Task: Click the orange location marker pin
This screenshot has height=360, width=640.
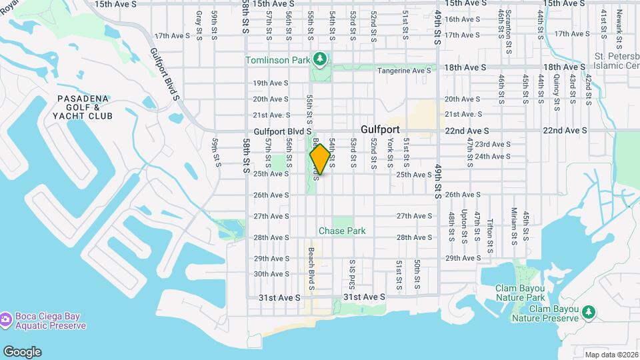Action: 320,159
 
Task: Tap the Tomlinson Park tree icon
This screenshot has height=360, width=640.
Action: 321,60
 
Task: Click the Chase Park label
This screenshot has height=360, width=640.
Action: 342,231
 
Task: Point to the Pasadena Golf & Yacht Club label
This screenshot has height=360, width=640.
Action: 85,107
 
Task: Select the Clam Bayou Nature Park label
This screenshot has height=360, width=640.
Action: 520,293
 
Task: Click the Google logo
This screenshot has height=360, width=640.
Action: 21,352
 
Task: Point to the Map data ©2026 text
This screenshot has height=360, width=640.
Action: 610,355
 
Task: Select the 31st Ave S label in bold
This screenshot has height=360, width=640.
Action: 364,297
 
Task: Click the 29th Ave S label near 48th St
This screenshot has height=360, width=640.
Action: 463,258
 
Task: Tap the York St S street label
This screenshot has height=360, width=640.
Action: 391,153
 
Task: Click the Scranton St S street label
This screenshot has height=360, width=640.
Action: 509,23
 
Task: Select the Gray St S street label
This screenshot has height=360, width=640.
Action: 199,25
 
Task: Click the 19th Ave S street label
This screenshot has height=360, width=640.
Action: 270,83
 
